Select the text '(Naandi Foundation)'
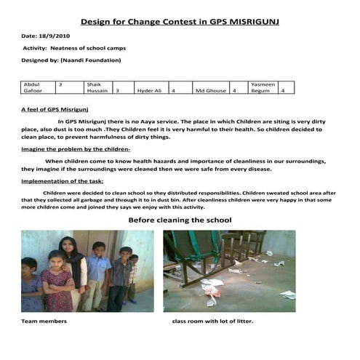(x=92, y=60)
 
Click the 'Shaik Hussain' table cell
(x=97, y=88)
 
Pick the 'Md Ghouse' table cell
(x=210, y=92)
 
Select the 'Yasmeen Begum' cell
(x=263, y=88)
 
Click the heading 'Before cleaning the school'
(x=180, y=219)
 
